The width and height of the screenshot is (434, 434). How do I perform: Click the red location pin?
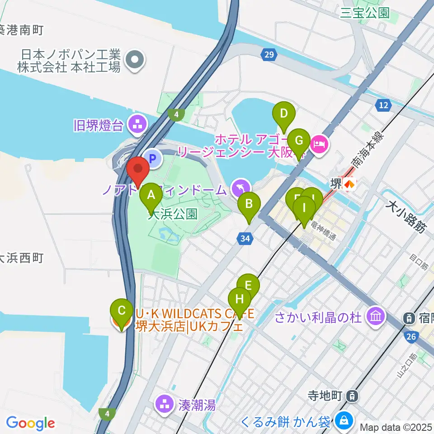click(x=138, y=170)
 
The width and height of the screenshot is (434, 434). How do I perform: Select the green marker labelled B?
click(x=249, y=206)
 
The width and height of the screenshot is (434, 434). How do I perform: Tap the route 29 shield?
click(x=269, y=55)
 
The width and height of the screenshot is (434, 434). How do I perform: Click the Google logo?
click(x=31, y=423)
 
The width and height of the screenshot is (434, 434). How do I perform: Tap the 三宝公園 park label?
click(x=365, y=12)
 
